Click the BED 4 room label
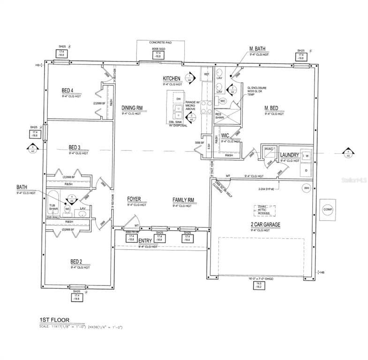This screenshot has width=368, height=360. (68, 90)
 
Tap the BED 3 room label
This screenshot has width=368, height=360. (75, 147)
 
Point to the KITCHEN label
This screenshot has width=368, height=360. (172, 78)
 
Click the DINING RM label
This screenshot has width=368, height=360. (132, 107)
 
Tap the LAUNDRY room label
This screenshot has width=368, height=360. (289, 155)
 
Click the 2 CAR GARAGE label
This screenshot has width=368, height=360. (265, 225)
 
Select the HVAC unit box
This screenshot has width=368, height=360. (268, 150)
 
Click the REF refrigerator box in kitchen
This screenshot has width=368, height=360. (206, 74)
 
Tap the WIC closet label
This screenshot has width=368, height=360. (225, 136)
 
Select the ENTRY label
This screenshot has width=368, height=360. (146, 240)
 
